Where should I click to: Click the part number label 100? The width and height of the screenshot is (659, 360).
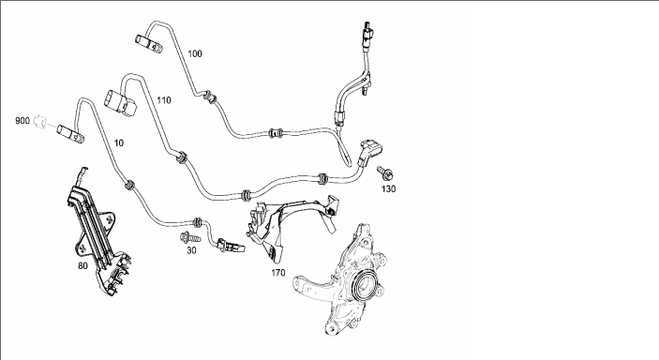pos(195,53)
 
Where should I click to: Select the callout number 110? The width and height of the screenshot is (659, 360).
pos(164,100)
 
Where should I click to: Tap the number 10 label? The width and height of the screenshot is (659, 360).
pos(119,143)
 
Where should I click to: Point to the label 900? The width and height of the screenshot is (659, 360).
pos(22,121)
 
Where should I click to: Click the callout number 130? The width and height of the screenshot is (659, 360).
pos(388,188)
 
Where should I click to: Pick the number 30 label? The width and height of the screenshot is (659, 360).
pos(191,250)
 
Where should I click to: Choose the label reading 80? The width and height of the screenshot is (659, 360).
pos(82,266)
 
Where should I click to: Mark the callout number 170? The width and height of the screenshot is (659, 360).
pos(277,273)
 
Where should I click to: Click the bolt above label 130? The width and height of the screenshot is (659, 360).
pos(385,172)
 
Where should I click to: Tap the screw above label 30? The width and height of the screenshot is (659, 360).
pos(190,237)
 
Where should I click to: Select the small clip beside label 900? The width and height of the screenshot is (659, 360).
pos(39,122)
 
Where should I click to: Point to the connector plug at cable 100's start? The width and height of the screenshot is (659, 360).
pos(148,44)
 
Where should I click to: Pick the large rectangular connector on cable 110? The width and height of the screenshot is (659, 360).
pos(120,102)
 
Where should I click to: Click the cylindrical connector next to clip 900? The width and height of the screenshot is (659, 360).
pos(70,134)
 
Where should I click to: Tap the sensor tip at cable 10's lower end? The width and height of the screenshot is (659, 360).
pos(231,246)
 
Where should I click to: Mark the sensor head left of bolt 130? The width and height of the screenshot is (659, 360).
pos(370,153)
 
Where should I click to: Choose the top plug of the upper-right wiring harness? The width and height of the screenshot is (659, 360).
pos(369,30)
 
